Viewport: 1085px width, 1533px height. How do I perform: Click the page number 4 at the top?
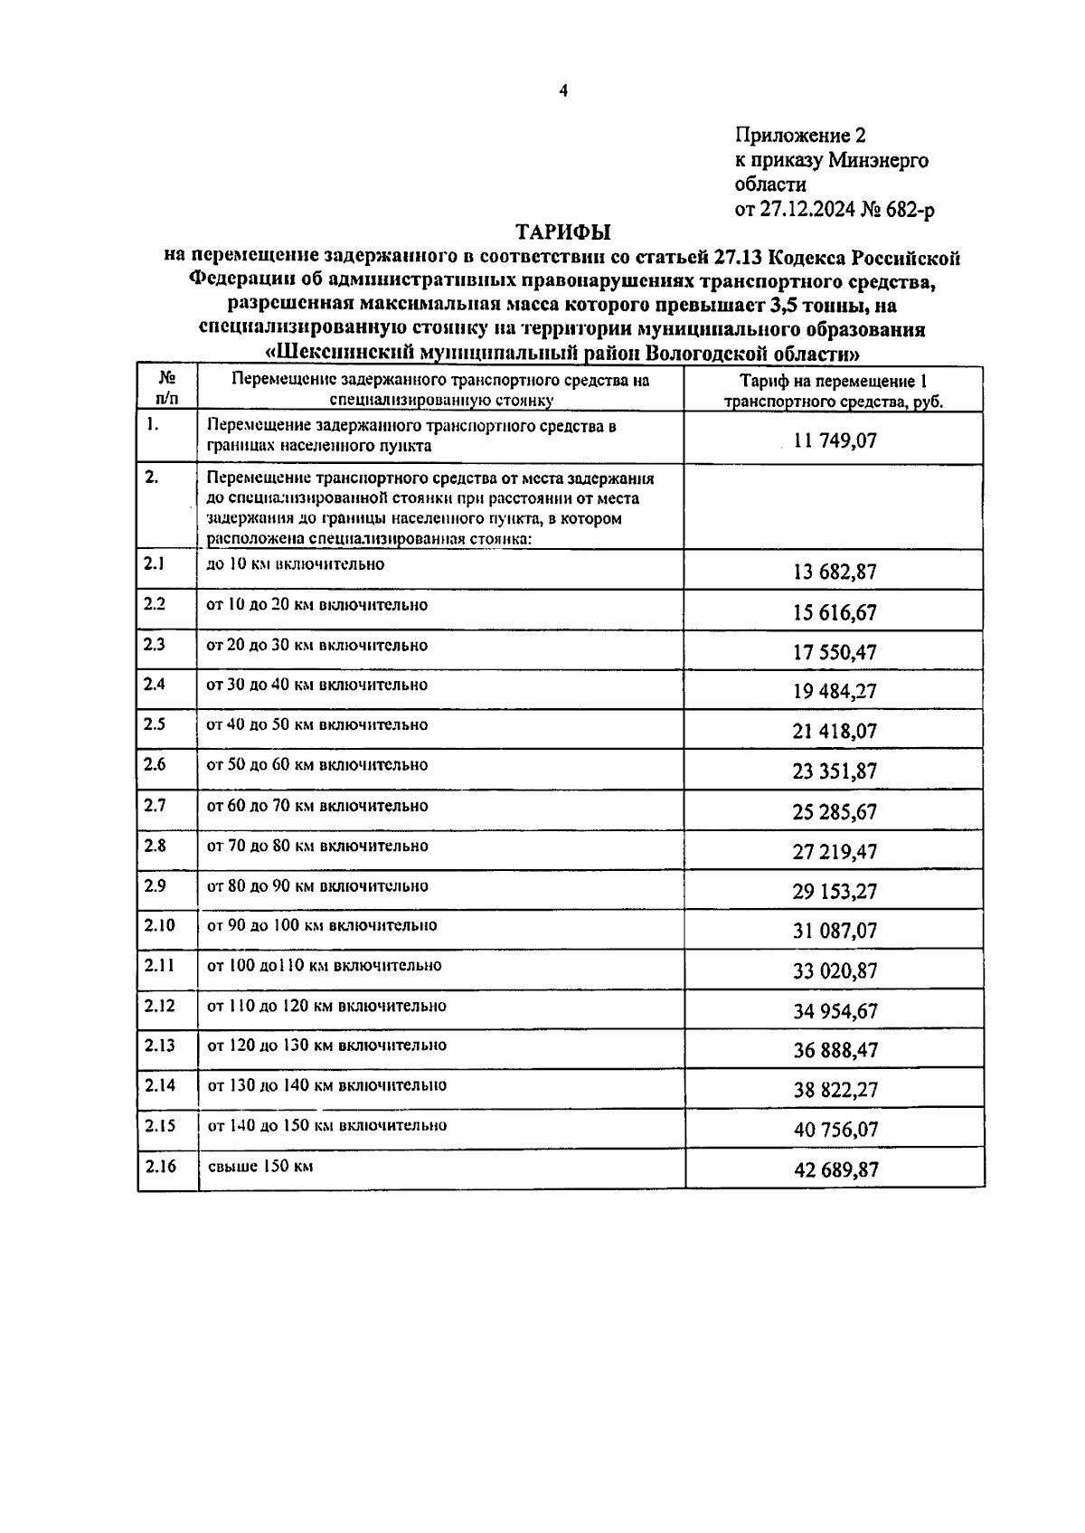pos(563,90)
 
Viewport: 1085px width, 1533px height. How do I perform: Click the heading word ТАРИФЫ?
pos(562,233)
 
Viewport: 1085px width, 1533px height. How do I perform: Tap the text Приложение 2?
pos(800,136)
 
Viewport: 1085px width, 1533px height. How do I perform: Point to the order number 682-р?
pos(910,211)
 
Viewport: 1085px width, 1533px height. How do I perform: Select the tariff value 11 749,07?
pos(835,441)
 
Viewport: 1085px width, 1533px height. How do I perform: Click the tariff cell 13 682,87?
pos(835,572)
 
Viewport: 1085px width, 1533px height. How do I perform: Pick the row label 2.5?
pos(155,724)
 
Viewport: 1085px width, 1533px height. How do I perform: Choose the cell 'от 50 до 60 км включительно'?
pos(317,765)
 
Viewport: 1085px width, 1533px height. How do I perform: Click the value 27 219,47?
pos(835,851)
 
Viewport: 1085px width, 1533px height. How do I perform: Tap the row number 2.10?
pos(159,925)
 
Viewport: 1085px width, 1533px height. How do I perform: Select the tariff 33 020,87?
pos(835,970)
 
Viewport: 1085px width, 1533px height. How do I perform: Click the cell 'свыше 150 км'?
pos(260,1166)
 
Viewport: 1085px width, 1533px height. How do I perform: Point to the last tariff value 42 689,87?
pos(835,1169)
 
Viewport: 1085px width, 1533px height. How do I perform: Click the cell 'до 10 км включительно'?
pos(296,564)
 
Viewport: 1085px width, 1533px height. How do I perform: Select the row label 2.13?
pos(159,1045)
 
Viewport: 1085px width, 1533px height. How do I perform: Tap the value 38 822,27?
pos(835,1090)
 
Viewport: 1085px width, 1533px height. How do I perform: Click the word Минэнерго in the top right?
pos(876,161)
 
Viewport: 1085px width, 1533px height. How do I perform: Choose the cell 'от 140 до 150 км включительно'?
pos(327,1126)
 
